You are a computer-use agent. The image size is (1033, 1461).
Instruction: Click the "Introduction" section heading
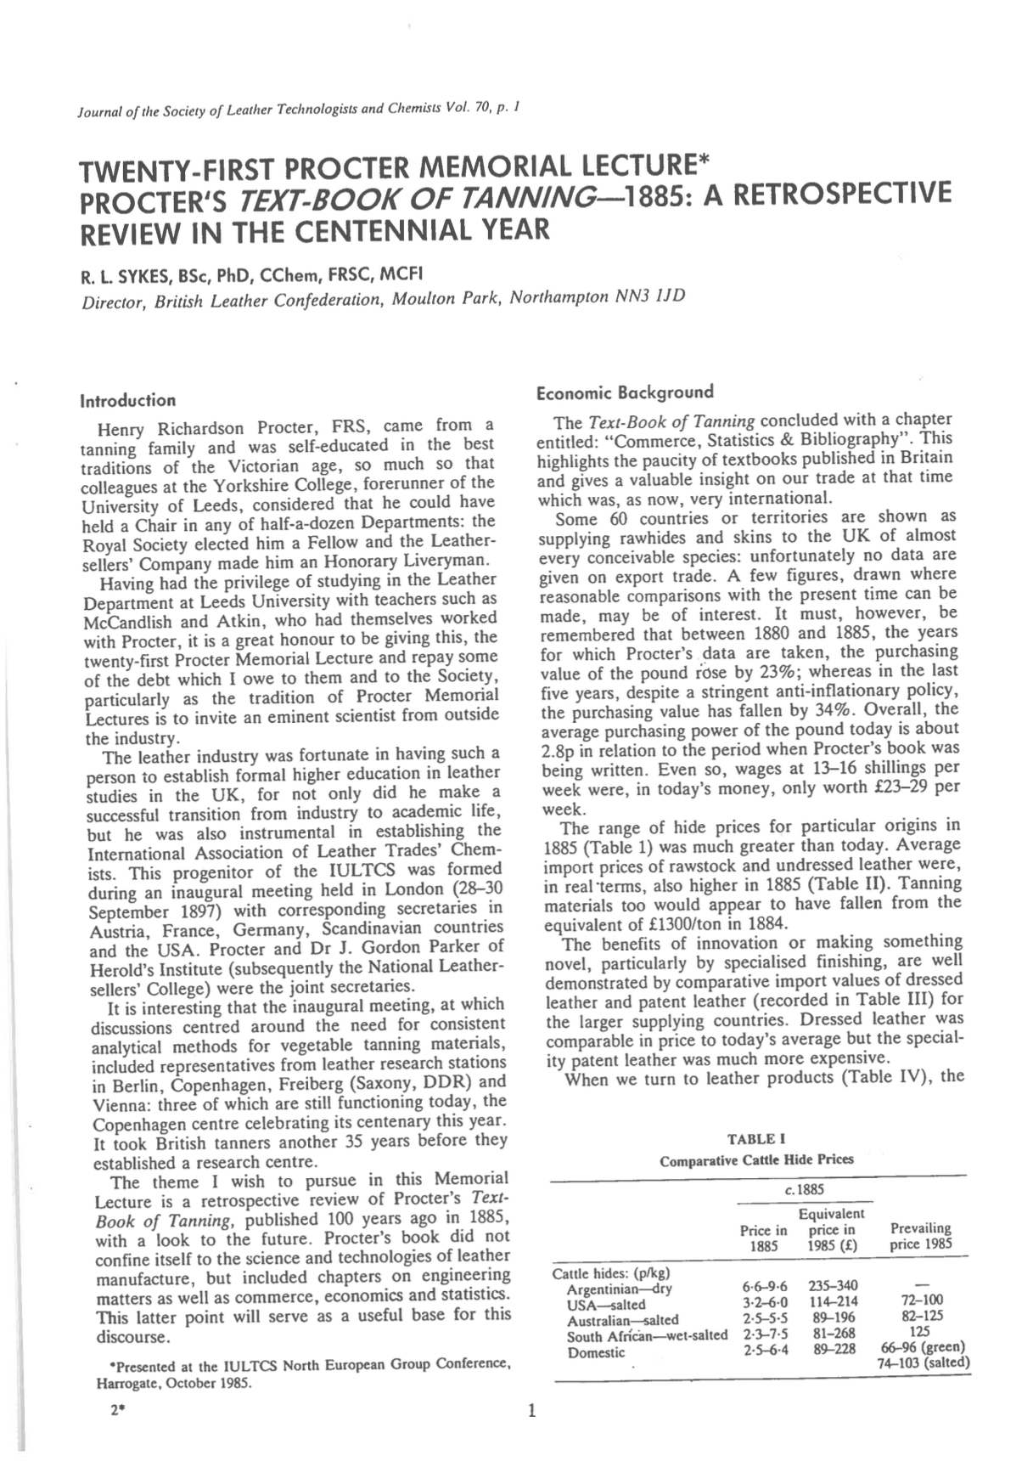coord(128,400)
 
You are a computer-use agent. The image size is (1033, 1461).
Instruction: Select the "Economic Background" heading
coord(626,392)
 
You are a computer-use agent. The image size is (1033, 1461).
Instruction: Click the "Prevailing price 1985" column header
coord(921,1236)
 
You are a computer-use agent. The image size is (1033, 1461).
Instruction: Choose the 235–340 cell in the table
coord(830,1289)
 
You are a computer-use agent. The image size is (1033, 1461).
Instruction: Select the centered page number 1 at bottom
coord(532,1412)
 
